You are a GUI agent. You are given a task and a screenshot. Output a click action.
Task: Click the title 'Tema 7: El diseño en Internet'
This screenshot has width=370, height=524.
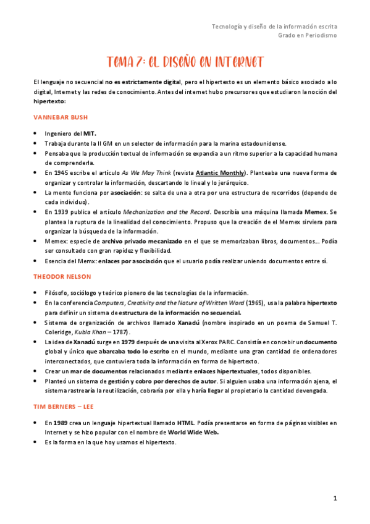coord(185,62)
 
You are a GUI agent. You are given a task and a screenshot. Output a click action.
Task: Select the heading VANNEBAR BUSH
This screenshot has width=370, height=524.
coord(60,117)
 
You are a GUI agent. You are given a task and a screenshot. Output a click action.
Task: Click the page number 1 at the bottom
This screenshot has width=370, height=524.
coord(334,498)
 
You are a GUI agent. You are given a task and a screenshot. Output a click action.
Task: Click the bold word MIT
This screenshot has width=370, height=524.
coord(90,133)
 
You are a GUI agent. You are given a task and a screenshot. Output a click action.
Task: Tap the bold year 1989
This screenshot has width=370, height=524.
coord(60,423)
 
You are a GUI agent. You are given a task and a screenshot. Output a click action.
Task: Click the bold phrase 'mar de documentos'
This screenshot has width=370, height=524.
coord(88,371)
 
